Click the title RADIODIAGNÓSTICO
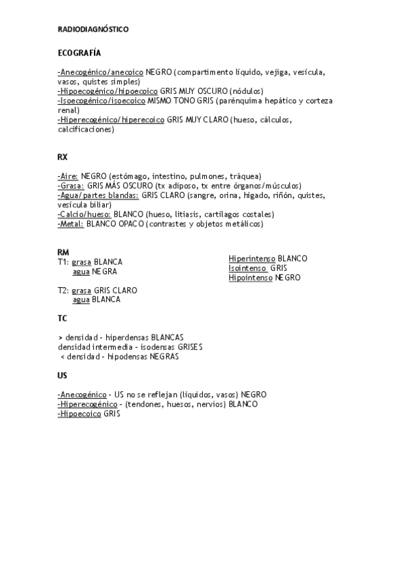coord(93,30)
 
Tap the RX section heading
coord(63,157)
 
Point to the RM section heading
coord(64,252)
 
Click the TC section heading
coord(62,318)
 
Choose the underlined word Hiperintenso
coord(252,259)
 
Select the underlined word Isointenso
coord(247,268)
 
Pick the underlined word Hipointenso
coord(250,278)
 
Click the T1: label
coord(64,261)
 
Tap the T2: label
coord(64,291)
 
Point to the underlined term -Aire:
coord(68,176)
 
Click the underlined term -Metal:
coord(71,224)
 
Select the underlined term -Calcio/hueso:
coord(85,214)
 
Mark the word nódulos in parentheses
coord(246,91)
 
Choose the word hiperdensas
coord(128,337)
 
